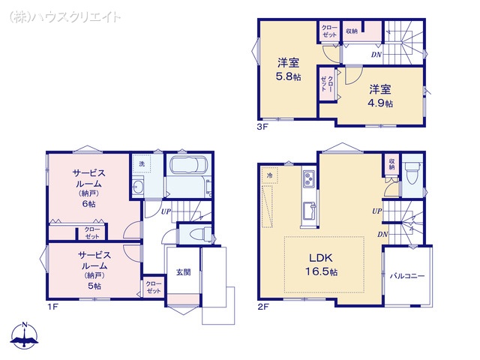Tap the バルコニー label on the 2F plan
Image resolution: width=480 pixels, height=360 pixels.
(406, 276)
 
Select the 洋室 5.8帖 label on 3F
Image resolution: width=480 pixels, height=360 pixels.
(288, 69)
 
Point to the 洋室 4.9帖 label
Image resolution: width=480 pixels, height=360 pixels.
(380, 96)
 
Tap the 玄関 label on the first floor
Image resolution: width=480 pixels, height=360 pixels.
(183, 272)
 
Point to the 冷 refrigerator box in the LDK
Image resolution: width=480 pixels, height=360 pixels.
(270, 174)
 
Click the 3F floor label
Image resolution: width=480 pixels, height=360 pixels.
(262, 127)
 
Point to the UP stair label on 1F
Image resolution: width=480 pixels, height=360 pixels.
(166, 212)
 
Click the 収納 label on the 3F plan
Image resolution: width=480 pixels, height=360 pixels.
(352, 31)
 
